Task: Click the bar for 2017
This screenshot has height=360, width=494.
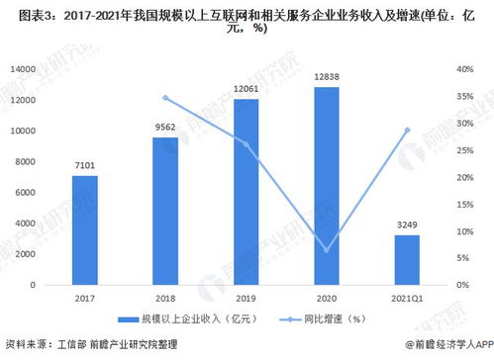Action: click(x=84, y=229)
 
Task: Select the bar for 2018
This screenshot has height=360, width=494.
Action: click(x=165, y=211)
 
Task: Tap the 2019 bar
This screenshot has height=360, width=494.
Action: click(x=246, y=192)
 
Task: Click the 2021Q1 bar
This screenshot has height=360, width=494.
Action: click(x=406, y=259)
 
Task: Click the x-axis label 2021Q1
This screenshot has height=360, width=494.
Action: click(x=406, y=296)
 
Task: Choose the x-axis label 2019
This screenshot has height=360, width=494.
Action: click(x=246, y=296)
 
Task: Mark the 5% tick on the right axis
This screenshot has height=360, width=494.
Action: click(x=458, y=257)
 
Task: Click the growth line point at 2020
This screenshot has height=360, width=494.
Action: click(x=326, y=249)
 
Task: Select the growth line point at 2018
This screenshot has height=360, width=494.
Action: click(x=165, y=97)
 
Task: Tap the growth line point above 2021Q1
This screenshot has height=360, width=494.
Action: click(x=406, y=131)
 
